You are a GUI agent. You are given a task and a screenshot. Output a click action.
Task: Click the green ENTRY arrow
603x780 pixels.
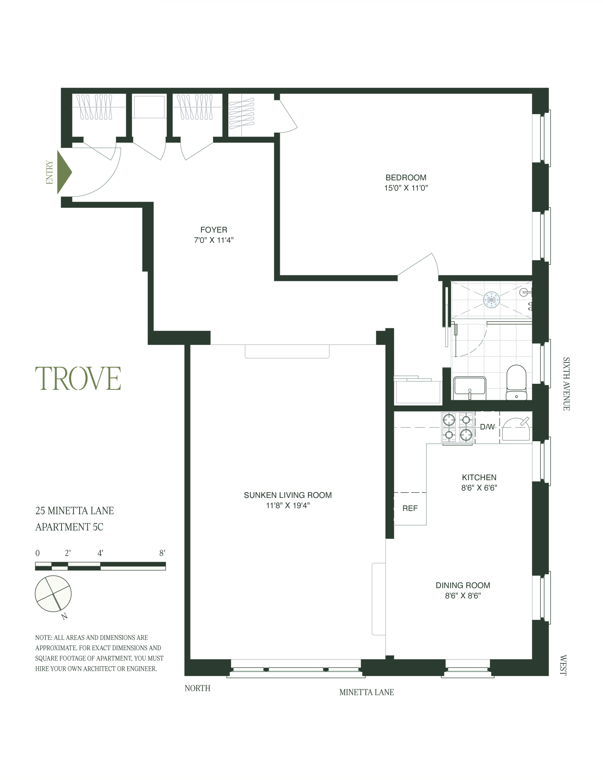[x=64, y=172]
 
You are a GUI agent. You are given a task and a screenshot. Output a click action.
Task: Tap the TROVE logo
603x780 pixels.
[x=78, y=379]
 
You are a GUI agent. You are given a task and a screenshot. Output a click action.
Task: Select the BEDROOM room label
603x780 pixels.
[x=406, y=178]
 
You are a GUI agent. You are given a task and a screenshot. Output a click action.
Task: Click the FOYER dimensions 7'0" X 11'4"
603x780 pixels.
[x=213, y=240]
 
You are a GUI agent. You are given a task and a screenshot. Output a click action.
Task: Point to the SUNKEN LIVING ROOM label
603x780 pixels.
[x=287, y=495]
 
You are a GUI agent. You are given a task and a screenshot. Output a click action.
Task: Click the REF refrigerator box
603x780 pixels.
[x=410, y=508]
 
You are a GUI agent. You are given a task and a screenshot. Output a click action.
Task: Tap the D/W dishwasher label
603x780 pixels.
[x=487, y=427]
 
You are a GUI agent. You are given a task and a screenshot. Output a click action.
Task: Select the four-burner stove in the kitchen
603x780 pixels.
[x=458, y=428]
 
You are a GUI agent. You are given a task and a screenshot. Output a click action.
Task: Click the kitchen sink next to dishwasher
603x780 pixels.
[x=516, y=429]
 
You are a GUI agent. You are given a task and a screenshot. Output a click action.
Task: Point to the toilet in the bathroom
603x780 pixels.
[x=516, y=382]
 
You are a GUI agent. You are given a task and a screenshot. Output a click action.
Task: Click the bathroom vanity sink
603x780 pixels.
[x=470, y=388]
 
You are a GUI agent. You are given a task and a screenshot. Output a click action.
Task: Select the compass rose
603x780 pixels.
[x=53, y=594]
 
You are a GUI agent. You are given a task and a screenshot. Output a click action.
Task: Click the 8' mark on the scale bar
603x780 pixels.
[x=162, y=553]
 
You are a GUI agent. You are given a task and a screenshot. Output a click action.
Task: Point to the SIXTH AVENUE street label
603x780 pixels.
[x=566, y=384]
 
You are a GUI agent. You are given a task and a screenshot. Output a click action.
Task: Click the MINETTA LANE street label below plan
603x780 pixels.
[x=366, y=692]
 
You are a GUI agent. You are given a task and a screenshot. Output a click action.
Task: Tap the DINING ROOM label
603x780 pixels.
[x=463, y=585]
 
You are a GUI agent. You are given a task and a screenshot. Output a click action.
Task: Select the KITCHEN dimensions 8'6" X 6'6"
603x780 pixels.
[x=479, y=488]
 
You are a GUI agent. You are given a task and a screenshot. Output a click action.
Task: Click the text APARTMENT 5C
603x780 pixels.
[x=69, y=527]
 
